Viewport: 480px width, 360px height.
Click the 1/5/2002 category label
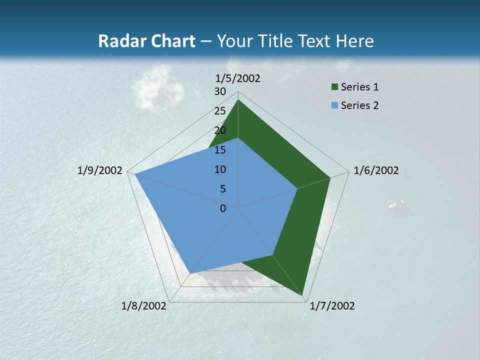tap(238, 78)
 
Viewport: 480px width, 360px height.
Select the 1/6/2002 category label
tap(376, 170)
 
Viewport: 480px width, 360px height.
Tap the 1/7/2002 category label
tap(332, 306)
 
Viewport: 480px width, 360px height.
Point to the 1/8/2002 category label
tap(144, 306)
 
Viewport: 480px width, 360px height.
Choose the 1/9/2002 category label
tap(100, 170)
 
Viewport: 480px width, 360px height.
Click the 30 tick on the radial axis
tap(220, 91)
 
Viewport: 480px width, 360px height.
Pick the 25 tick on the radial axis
tap(220, 111)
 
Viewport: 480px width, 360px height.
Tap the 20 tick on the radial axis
tap(220, 130)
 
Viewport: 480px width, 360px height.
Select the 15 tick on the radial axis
tap(220, 150)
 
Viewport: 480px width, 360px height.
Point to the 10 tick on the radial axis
tap(220, 169)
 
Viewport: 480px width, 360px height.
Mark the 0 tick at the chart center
tap(223, 208)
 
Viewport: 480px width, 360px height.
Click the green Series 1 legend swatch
tap(334, 87)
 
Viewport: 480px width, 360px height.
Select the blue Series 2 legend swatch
tap(334, 105)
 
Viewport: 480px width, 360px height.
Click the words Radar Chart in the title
tap(146, 41)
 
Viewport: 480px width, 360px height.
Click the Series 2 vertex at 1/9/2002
tap(134, 174)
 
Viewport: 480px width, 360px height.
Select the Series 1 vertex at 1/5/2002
tap(238, 100)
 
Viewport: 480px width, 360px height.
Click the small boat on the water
tap(396, 204)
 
